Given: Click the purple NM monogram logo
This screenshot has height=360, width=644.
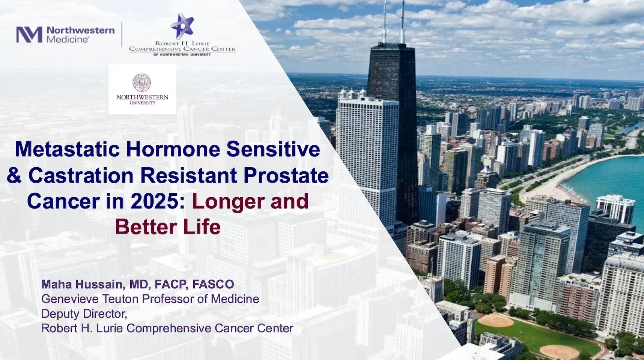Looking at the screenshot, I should (x=29, y=34).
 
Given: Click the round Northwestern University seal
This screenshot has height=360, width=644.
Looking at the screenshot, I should (x=142, y=82).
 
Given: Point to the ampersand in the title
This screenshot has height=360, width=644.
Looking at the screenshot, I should (x=14, y=175).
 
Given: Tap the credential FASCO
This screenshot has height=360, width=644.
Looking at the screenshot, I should (x=213, y=284).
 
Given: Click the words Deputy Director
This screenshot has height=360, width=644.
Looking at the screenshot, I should (x=84, y=313).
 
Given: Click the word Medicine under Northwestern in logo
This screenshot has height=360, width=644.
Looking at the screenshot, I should (x=68, y=39).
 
